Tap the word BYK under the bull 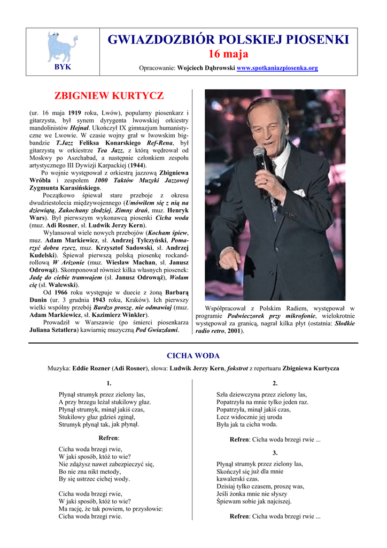click(x=63, y=67)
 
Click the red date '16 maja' click(x=228, y=54)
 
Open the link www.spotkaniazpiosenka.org click(x=277, y=68)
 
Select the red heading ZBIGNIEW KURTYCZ click(x=109, y=96)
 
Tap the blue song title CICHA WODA click(x=193, y=356)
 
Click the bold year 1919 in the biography click(x=74, y=113)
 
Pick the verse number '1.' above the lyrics click(x=109, y=383)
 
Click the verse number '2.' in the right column click(x=275, y=383)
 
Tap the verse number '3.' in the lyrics click(x=275, y=453)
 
